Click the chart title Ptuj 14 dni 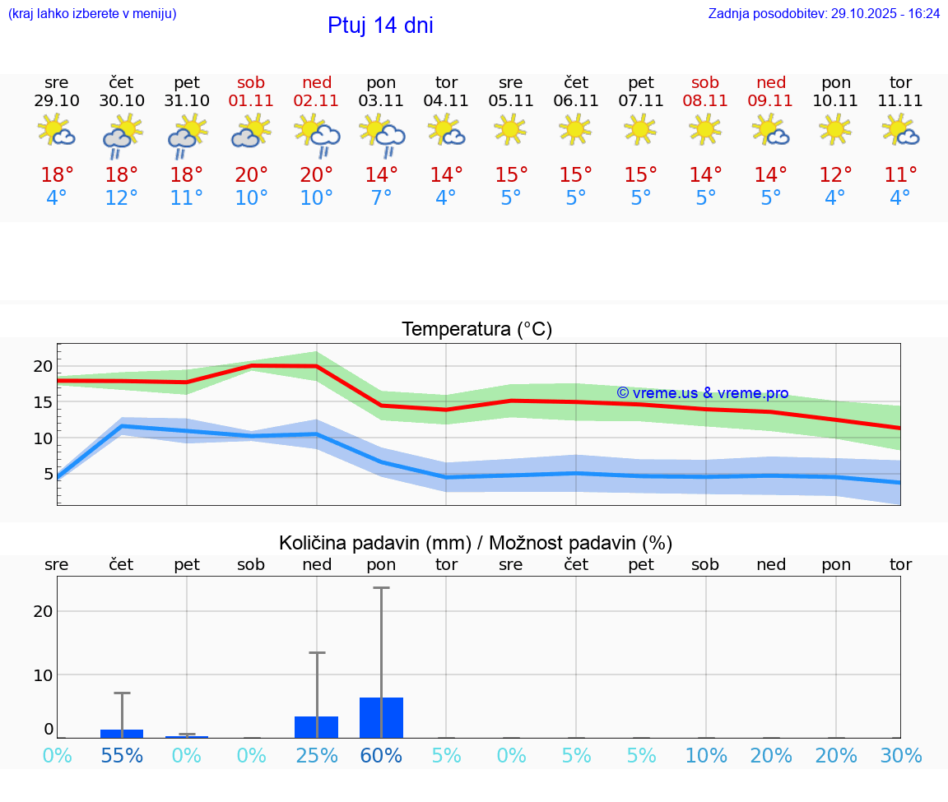[380, 25]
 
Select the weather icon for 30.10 [122, 135]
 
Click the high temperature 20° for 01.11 [252, 174]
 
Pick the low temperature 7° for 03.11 [381, 198]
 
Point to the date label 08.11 [705, 100]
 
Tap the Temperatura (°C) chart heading [476, 330]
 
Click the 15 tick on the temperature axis [43, 402]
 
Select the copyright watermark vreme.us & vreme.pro [702, 393]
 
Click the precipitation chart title [476, 543]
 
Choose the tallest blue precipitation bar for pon [381, 718]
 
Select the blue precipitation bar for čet [122, 734]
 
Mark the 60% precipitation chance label [381, 755]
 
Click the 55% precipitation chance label [122, 755]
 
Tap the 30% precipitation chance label [900, 755]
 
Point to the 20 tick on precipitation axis [43, 611]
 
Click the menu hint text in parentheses [91, 14]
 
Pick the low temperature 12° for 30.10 [122, 198]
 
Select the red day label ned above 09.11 [771, 82]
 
